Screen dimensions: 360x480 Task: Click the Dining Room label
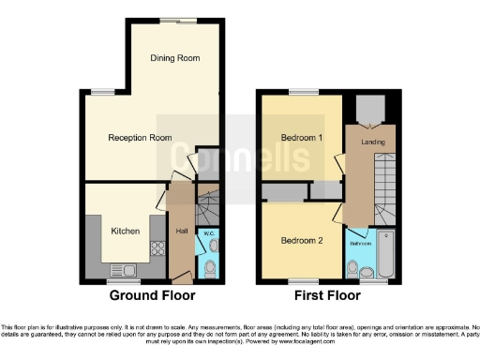click(175, 58)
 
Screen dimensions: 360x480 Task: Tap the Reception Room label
click(140, 138)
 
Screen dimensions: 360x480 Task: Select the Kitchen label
click(126, 231)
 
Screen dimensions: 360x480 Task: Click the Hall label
click(180, 232)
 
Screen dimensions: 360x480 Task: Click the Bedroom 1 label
click(302, 138)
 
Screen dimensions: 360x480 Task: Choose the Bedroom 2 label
click(302, 240)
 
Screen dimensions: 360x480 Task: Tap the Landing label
click(371, 143)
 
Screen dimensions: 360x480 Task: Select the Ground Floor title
click(153, 294)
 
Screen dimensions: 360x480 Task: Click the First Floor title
click(326, 294)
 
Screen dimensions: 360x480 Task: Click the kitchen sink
click(127, 271)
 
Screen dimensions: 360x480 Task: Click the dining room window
click(171, 20)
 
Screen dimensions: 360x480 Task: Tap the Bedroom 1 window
click(302, 92)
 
